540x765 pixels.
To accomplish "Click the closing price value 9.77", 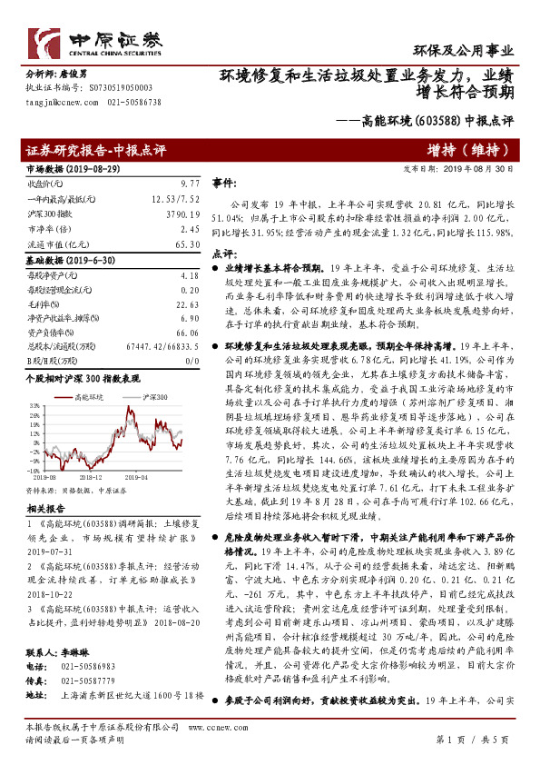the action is (x=188, y=183).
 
